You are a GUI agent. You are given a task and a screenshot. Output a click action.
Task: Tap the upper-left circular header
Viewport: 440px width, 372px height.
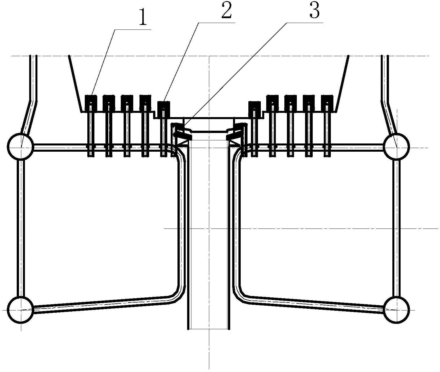(x=20, y=146)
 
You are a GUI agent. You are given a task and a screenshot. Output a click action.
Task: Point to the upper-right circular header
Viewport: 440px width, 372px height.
(x=396, y=146)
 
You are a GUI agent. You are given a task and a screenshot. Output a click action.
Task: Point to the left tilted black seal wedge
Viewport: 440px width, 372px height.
(x=183, y=134)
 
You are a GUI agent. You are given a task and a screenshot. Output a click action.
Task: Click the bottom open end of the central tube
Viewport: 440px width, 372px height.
(x=209, y=329)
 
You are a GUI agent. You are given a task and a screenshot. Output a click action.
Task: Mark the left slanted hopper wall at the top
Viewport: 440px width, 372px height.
(x=75, y=83)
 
